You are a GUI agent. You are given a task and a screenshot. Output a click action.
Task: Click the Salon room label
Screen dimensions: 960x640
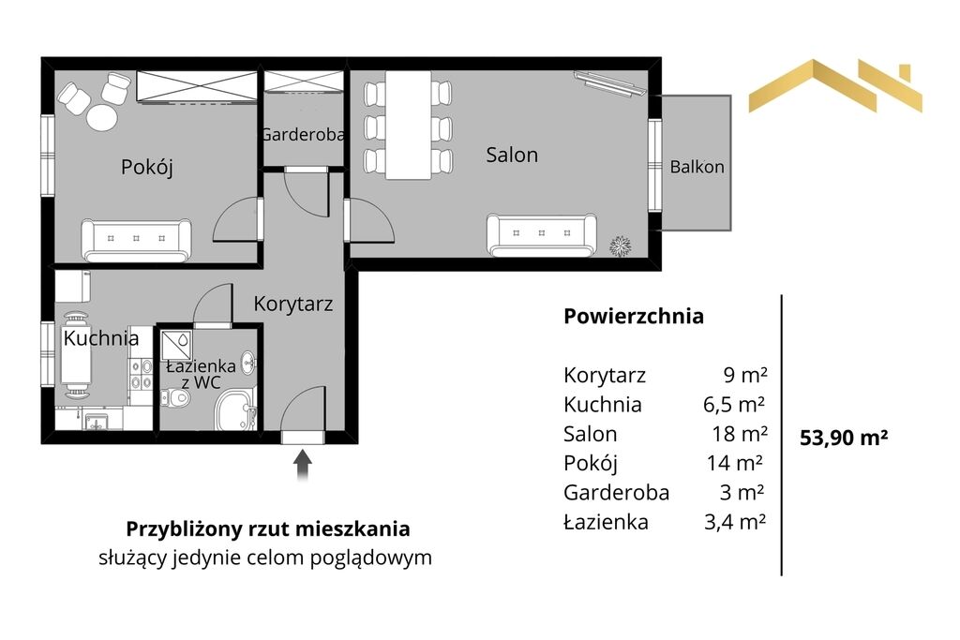tap(512, 155)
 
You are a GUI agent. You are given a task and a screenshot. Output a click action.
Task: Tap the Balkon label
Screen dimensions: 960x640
tap(697, 167)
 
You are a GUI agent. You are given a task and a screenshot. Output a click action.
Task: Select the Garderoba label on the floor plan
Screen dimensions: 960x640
tap(303, 134)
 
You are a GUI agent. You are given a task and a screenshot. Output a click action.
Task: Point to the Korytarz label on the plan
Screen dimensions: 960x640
tap(293, 304)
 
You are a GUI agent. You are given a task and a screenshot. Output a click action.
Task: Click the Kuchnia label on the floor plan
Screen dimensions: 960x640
tap(101, 337)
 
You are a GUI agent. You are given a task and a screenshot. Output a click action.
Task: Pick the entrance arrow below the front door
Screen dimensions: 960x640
tap(303, 466)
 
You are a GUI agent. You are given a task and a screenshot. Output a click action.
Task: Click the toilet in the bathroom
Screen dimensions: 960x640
tap(175, 398)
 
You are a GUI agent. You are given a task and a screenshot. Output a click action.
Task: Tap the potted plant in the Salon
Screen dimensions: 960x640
tap(621, 246)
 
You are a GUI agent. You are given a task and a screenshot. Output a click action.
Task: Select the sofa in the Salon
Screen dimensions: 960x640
tap(541, 235)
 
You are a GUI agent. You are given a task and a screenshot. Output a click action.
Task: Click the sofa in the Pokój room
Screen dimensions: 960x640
tap(136, 241)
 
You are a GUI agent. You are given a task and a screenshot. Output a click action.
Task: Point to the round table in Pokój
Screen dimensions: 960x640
tap(101, 117)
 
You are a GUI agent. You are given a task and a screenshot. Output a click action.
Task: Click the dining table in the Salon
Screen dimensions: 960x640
tap(409, 126)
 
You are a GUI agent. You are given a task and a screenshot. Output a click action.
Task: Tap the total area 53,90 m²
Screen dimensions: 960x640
tap(844, 438)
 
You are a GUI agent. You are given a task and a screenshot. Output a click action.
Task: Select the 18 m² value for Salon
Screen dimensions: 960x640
tap(740, 434)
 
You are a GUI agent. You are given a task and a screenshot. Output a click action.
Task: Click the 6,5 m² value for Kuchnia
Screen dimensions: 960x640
tap(734, 405)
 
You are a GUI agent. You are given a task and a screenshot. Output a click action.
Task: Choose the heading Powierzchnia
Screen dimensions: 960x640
tap(634, 317)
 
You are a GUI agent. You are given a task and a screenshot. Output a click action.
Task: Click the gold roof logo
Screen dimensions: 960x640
tap(835, 85)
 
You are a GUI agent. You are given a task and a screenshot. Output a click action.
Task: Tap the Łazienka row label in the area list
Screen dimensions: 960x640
tap(606, 522)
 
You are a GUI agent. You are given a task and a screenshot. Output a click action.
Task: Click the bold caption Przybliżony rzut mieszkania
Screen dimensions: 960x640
tap(267, 528)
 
